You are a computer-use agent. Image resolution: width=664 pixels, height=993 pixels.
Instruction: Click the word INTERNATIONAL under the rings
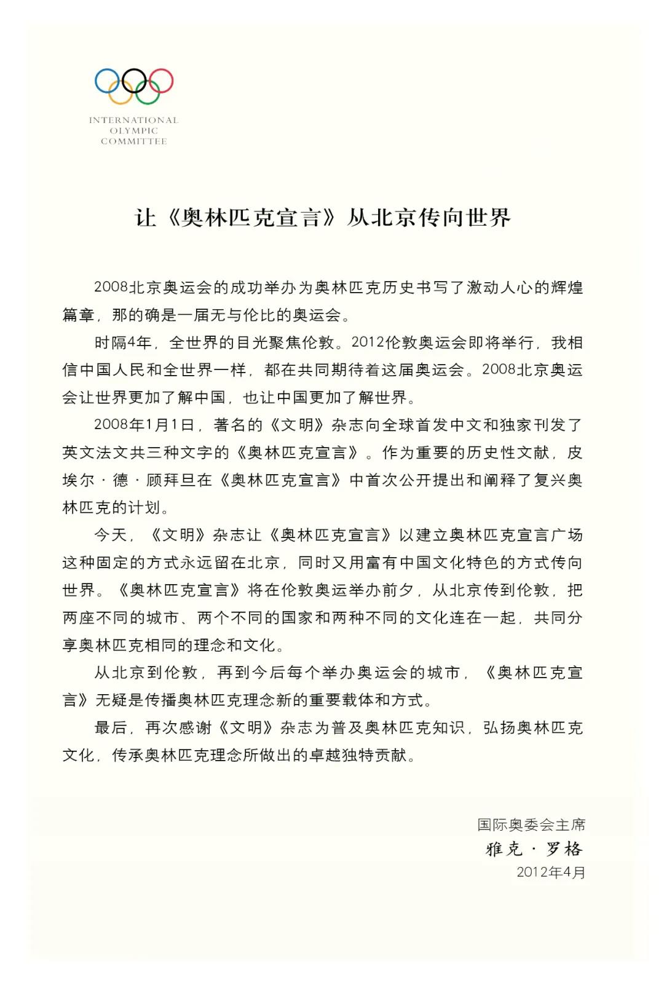(133, 120)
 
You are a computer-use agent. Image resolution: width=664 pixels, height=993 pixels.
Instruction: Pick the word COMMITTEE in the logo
(133, 141)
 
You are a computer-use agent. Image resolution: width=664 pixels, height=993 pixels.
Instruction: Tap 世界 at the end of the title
(489, 218)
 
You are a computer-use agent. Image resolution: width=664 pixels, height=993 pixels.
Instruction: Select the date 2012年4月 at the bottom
(551, 872)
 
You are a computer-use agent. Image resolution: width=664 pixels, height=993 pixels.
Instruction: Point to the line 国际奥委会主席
(531, 825)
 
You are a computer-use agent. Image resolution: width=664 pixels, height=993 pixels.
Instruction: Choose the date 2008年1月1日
(144, 425)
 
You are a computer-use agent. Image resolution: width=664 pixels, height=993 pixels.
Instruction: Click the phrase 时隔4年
(123, 342)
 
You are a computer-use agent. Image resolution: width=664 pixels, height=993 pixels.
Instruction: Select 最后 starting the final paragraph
(111, 728)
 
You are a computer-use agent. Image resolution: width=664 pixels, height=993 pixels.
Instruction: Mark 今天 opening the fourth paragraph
(111, 535)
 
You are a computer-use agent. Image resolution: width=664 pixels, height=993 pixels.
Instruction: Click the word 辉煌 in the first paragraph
(566, 288)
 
